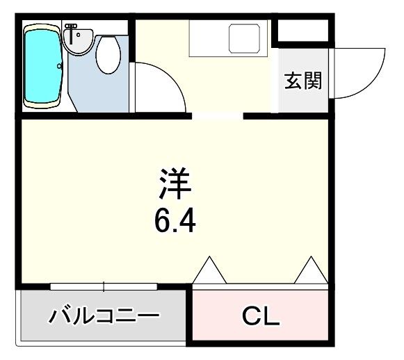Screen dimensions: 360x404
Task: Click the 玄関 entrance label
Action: click(303, 81)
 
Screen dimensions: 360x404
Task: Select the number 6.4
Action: click(175, 222)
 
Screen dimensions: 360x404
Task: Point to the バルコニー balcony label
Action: click(104, 318)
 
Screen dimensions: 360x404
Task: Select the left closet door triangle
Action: click(209, 271)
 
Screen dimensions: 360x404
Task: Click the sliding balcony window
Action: click(104, 286)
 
